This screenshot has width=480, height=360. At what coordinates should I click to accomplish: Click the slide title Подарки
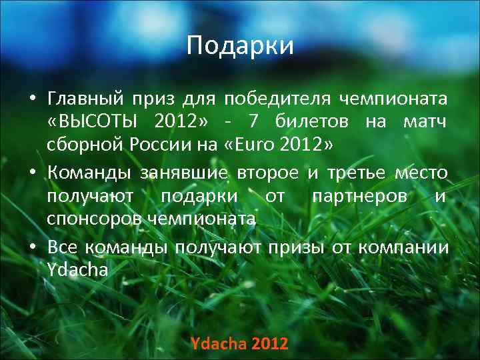(x=240, y=45)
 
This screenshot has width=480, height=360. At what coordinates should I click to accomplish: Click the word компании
(x=403, y=247)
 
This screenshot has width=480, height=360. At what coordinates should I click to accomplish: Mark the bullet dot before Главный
(x=31, y=100)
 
